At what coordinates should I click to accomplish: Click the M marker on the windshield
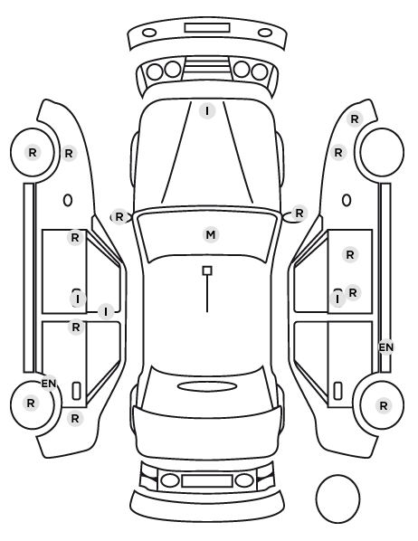[x=211, y=235]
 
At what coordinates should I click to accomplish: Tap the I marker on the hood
[x=207, y=111]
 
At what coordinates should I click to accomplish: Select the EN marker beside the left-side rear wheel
[x=49, y=384]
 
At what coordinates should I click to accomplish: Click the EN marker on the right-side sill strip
[x=386, y=347]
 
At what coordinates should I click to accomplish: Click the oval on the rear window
[x=207, y=386]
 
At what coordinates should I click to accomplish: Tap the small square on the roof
[x=207, y=270]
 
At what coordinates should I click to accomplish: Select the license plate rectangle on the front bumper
[x=207, y=28]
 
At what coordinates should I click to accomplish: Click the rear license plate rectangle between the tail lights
[x=207, y=480]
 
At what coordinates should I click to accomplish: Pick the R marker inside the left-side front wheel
[x=33, y=152]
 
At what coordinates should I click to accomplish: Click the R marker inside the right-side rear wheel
[x=383, y=405]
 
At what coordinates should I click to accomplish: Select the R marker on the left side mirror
[x=119, y=217]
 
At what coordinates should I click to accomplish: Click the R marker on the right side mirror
[x=299, y=213]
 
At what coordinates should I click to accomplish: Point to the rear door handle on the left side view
[x=76, y=391]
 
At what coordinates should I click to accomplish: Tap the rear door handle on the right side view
[x=337, y=391]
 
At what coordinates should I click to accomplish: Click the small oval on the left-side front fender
[x=68, y=200]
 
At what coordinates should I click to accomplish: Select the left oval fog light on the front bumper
[x=149, y=33]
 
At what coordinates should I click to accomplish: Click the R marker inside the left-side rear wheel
[x=31, y=403]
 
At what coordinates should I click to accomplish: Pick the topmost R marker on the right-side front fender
[x=355, y=119]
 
